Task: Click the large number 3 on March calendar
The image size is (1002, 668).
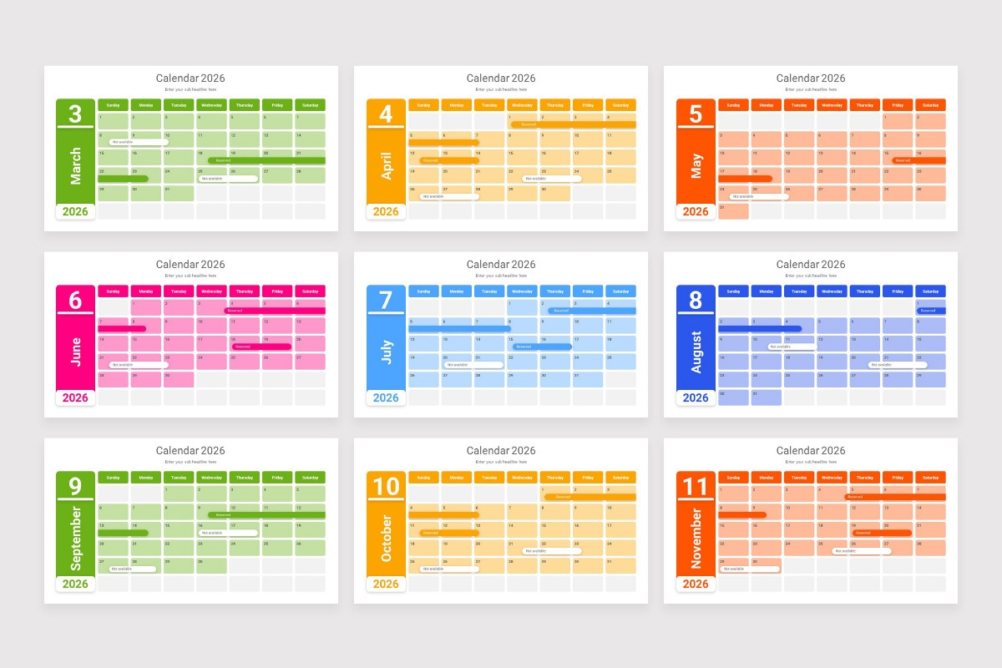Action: (x=75, y=114)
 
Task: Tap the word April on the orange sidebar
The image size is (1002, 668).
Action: (x=386, y=165)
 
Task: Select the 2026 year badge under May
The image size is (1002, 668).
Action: (x=696, y=211)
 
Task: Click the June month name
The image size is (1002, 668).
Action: (x=76, y=352)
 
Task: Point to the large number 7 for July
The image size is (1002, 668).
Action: (x=386, y=300)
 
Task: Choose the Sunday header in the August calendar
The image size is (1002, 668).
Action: (x=733, y=291)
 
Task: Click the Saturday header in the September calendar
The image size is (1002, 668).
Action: (x=310, y=478)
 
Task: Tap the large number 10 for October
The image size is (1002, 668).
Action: (x=386, y=486)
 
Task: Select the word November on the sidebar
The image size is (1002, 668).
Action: (x=696, y=538)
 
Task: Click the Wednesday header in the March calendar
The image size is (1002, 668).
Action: (x=211, y=105)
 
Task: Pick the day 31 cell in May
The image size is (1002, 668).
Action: (x=733, y=211)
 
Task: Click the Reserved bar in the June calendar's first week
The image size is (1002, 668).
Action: (x=275, y=311)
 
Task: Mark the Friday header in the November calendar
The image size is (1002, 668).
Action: (x=898, y=478)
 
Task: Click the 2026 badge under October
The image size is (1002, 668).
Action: (x=386, y=584)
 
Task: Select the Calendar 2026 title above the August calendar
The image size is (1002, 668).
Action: (x=810, y=264)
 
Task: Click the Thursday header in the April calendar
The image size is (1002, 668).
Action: (x=554, y=105)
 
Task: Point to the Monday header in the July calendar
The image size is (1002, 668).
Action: (x=456, y=291)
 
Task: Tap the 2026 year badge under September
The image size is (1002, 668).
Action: (x=76, y=584)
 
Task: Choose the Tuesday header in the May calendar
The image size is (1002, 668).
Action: (x=799, y=105)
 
